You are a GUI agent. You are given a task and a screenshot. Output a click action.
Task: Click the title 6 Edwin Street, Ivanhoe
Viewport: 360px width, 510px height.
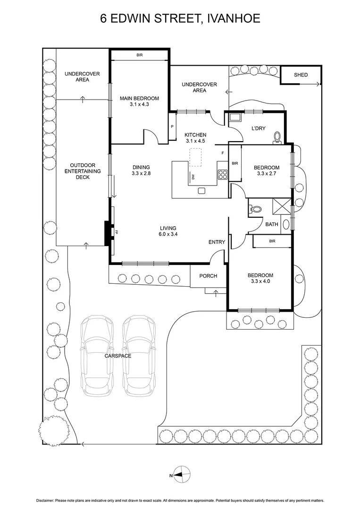pyautogui.click(x=180, y=18)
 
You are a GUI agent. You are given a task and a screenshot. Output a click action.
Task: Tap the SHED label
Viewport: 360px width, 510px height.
pyautogui.click(x=301, y=75)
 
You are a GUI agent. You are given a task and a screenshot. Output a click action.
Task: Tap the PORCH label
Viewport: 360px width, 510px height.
pyautogui.click(x=208, y=276)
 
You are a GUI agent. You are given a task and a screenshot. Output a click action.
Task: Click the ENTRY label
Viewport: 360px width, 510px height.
pyautogui.click(x=217, y=242)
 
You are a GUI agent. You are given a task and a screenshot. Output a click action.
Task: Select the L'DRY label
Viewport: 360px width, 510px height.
pyautogui.click(x=259, y=128)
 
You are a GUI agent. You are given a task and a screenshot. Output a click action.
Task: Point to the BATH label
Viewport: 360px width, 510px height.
pyautogui.click(x=271, y=224)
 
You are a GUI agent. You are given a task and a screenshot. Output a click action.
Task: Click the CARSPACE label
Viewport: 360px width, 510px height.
pyautogui.click(x=118, y=356)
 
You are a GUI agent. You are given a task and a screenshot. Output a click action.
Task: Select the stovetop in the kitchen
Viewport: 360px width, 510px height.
pyautogui.click(x=223, y=174)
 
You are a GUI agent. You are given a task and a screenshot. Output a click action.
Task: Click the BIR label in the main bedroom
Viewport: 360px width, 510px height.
pyautogui.click(x=139, y=55)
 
